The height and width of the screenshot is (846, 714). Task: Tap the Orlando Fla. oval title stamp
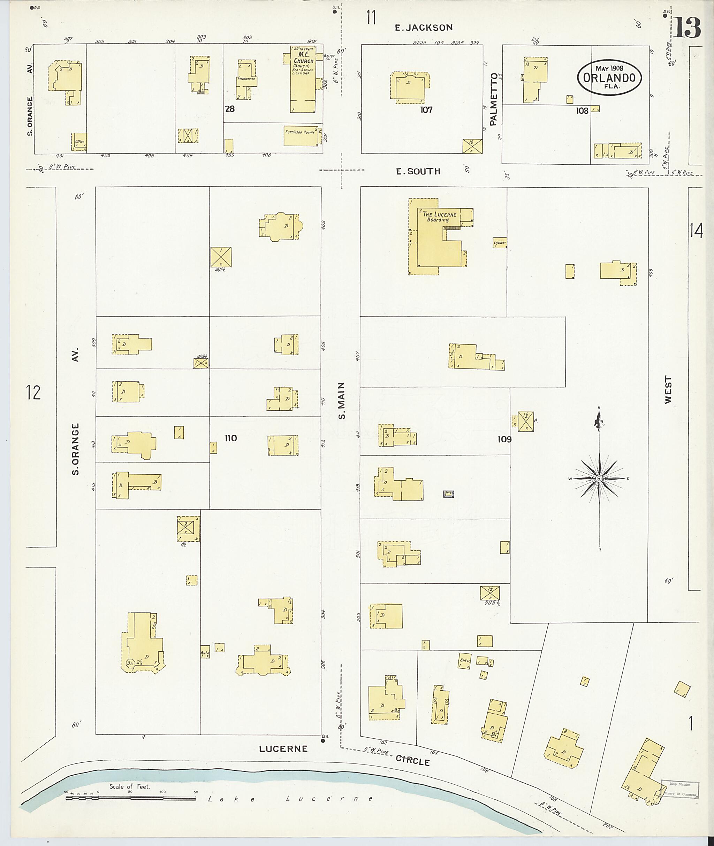[x=609, y=78]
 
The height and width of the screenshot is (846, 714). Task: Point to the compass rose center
[x=599, y=479]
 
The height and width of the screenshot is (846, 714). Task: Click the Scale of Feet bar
[x=130, y=798]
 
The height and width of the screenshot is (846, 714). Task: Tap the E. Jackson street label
[x=424, y=28]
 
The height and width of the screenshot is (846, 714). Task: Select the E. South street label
[x=418, y=171]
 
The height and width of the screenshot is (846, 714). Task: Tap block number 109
[x=504, y=439]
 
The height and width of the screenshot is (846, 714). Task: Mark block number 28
[x=230, y=109]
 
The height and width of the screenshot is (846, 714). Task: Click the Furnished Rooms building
[x=302, y=135]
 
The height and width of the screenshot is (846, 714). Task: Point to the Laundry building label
[x=500, y=243]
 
